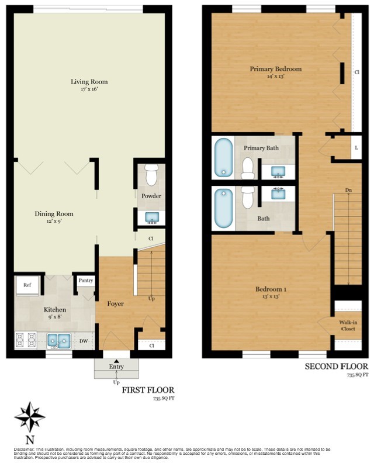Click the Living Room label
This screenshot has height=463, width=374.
[x=89, y=82]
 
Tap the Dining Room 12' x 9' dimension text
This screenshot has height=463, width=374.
[x=53, y=222]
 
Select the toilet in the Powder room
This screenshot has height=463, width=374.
[x=151, y=175]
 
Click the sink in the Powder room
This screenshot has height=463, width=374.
[x=151, y=218]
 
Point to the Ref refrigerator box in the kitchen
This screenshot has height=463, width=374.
[x=27, y=285]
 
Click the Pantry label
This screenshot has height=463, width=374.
[x=85, y=281]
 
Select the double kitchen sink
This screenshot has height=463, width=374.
[x=58, y=340]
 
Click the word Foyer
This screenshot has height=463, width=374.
[x=116, y=303]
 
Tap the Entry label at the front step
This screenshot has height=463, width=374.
[x=117, y=367]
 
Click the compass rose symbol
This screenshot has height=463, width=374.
[x=30, y=417]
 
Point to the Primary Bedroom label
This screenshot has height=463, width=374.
[x=275, y=69]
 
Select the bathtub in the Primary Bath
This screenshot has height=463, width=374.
[x=223, y=157]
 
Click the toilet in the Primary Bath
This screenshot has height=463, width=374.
[x=247, y=168]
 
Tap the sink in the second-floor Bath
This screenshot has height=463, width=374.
[x=278, y=194]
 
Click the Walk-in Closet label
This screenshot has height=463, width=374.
[x=348, y=324]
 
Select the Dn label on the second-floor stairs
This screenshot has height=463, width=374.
[x=348, y=190]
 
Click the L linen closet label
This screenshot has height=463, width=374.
[x=356, y=148]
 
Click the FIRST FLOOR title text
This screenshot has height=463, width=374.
[x=147, y=390]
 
